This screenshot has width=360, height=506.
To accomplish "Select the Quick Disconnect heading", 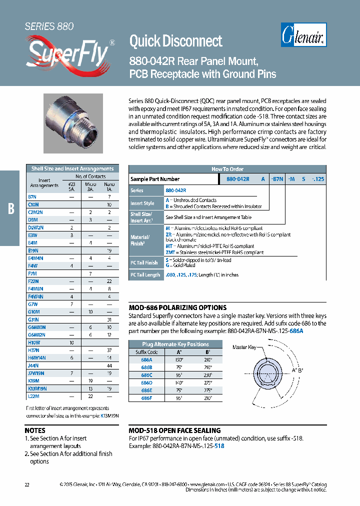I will tap(175, 40).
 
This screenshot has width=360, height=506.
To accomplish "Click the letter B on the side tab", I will tap(11, 208).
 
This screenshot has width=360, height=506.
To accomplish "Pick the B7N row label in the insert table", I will tap(33, 197).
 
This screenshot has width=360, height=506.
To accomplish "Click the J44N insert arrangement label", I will tap(33, 366).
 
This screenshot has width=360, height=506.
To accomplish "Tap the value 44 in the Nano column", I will tap(109, 366).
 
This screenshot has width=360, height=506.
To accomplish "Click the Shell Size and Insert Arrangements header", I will tap(72, 168).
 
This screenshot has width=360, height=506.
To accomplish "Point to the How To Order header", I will tap(227, 169).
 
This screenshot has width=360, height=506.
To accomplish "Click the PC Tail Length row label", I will tap(145, 275).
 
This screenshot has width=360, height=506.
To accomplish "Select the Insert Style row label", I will tap(142, 203).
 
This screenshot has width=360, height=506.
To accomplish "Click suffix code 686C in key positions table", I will tap(146, 374).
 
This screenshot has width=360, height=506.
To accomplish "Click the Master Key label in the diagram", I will tap(244, 347).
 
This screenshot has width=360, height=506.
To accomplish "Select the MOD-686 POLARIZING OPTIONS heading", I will tap(177, 307).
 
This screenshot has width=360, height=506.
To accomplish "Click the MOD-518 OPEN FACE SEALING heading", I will tap(174, 430).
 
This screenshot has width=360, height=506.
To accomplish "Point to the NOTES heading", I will tap(35, 430).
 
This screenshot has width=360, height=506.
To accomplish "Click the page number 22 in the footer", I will tap(27, 484).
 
